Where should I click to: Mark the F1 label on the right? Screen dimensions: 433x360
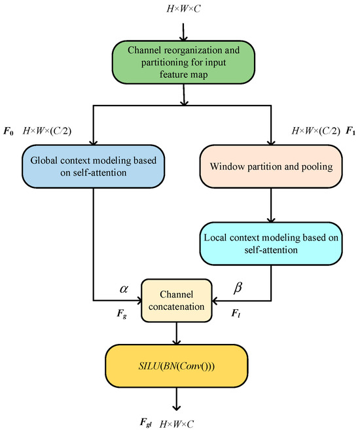coord(351,131)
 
